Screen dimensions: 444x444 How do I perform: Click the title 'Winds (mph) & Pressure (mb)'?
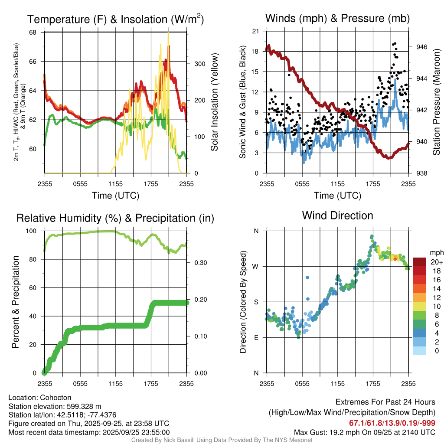point(337,18)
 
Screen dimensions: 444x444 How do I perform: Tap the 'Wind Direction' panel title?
point(337,215)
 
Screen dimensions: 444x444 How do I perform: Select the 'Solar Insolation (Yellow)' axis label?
point(214,102)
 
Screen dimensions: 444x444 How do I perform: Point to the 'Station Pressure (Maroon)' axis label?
point(436,102)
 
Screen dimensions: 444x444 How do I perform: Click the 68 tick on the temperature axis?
point(33,33)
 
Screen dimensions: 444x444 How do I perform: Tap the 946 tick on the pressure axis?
point(422,47)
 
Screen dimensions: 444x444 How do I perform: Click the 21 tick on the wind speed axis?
point(255,31)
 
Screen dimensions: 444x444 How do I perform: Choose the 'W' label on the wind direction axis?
point(256,266)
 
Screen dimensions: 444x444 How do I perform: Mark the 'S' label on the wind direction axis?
point(256,302)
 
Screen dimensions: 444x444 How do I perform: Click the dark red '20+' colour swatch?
point(420,261)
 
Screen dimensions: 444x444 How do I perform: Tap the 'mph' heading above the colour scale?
point(435,252)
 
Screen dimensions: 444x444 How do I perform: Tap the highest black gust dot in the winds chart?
point(395,43)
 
